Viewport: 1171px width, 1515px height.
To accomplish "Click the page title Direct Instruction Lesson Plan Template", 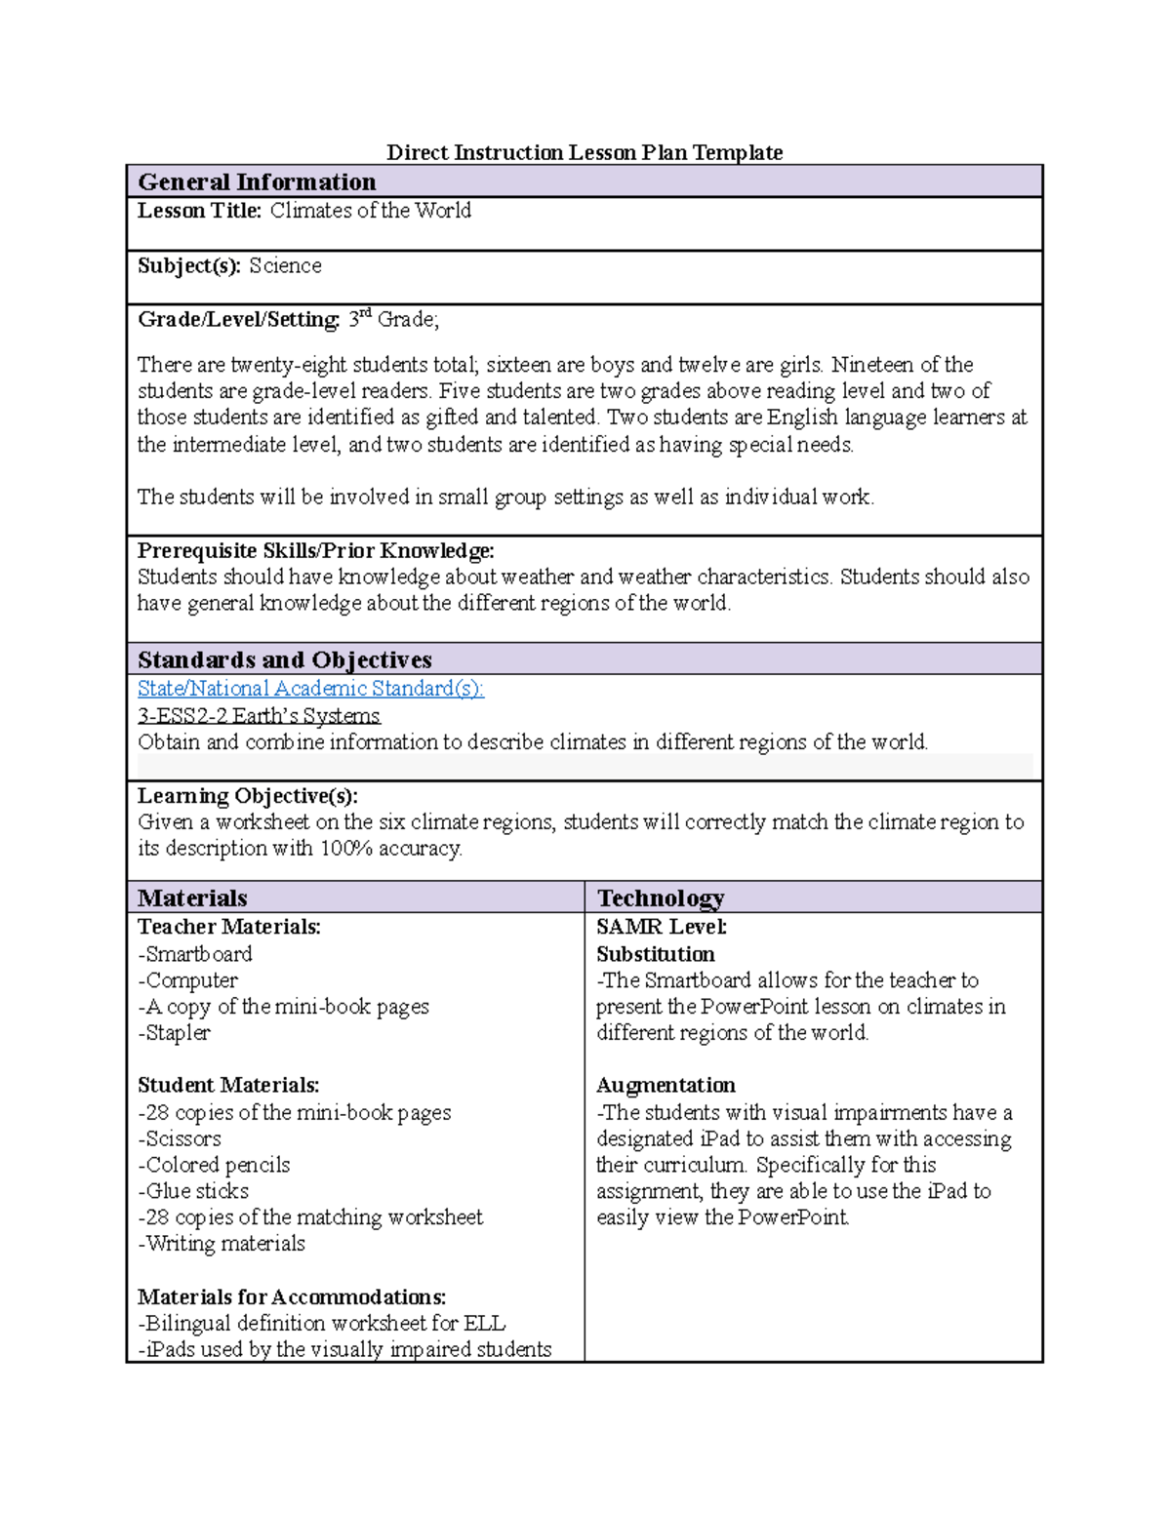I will point(585,152).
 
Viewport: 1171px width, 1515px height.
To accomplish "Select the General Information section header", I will point(257,182).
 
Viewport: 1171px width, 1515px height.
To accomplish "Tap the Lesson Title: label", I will point(199,211).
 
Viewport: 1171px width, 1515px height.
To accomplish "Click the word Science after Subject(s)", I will point(285,266).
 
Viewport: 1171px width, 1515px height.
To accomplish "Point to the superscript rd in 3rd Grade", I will point(366,313).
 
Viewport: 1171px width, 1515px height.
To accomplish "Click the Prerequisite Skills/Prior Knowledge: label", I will point(315,551).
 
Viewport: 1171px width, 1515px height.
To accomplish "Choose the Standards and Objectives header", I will point(285,659).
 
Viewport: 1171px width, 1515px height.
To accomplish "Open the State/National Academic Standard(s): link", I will point(310,689).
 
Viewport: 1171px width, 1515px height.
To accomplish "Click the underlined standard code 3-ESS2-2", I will point(182,716).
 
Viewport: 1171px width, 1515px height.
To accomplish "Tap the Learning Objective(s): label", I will point(248,796).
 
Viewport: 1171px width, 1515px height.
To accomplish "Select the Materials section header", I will point(192,897).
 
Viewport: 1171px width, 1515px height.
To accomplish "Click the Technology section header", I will point(661,897).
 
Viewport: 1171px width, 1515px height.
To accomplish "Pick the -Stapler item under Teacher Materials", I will point(174,1033).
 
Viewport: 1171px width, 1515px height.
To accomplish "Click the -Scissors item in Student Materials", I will point(180,1139).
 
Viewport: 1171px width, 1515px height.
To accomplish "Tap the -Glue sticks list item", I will point(193,1191).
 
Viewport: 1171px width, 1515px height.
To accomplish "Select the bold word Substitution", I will point(656,954).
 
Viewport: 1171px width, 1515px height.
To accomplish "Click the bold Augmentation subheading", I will point(666,1086).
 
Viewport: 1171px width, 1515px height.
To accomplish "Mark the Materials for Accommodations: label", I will point(292,1297).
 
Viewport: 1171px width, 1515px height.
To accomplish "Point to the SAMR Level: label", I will point(662,927).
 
